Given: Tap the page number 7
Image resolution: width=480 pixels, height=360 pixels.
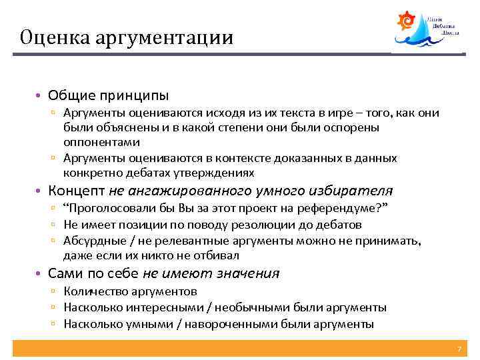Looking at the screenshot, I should [x=459, y=349].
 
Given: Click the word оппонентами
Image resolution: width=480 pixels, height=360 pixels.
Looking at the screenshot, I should [x=102, y=142].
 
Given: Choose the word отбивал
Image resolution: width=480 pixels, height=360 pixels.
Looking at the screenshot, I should [x=221, y=255].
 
